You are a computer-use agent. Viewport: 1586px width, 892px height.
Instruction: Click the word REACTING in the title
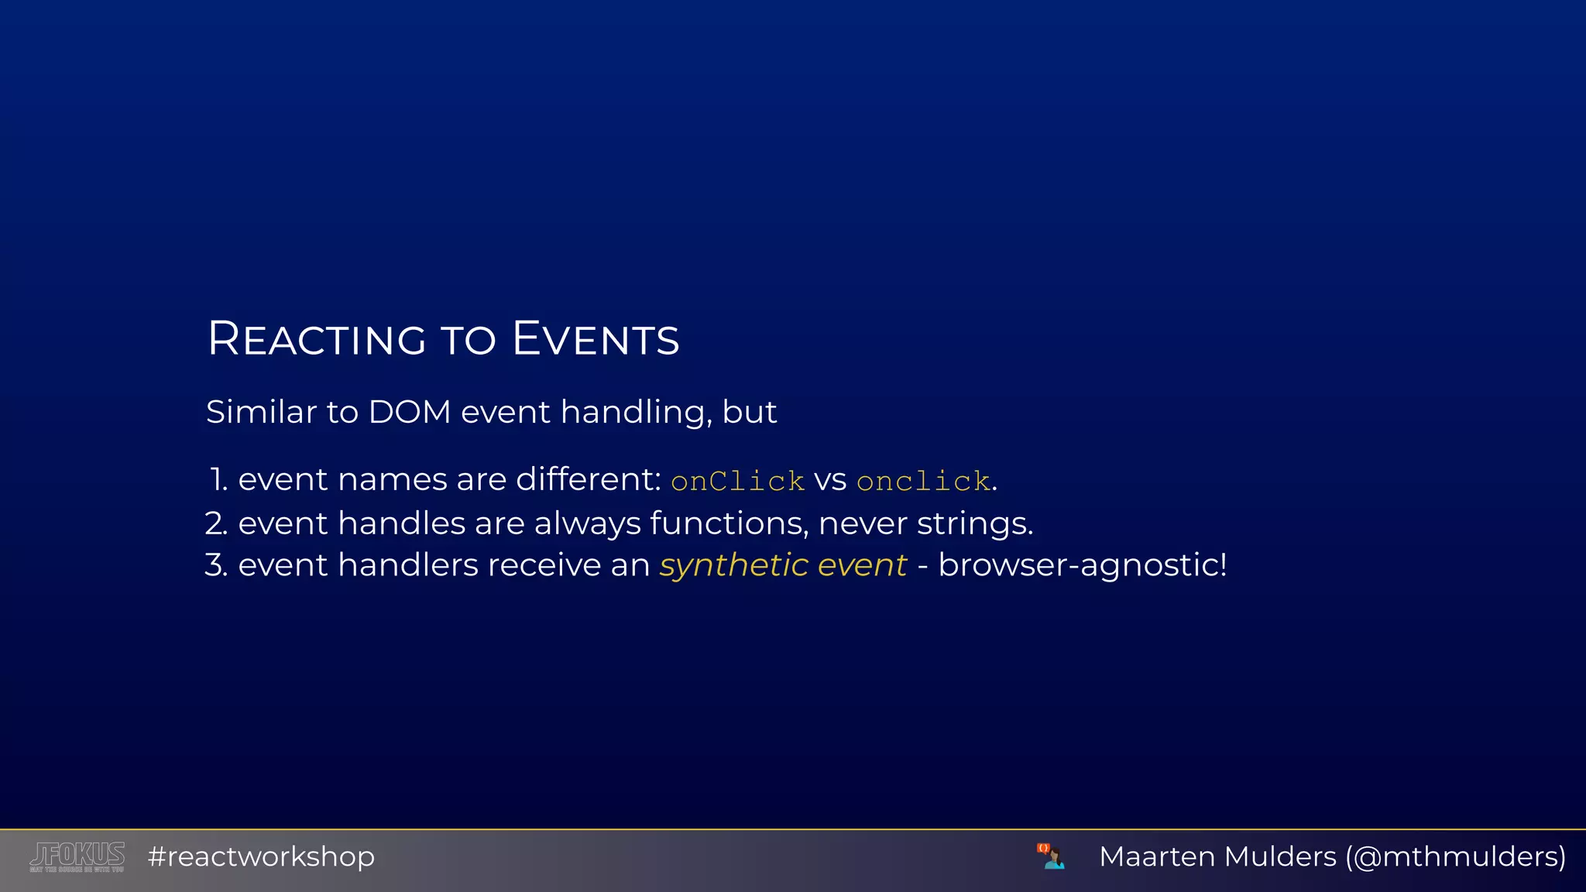click(317, 339)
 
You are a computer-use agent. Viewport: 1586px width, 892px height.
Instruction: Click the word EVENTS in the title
click(596, 339)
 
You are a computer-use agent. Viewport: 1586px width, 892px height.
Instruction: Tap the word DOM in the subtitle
click(410, 412)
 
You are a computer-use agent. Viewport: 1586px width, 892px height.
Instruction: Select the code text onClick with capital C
click(737, 482)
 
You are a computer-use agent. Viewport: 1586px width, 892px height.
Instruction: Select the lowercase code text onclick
click(923, 482)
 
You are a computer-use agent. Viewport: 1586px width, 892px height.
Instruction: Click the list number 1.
click(218, 480)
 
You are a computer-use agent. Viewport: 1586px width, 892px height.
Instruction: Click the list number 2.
click(216, 524)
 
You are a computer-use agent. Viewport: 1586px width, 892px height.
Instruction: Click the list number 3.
click(216, 566)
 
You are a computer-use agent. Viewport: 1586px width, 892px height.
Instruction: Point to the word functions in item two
click(728, 524)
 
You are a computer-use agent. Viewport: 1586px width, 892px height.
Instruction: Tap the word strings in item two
click(974, 524)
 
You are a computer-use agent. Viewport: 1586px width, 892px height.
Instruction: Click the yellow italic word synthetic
click(733, 566)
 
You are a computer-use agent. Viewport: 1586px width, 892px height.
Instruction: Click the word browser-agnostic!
click(1082, 566)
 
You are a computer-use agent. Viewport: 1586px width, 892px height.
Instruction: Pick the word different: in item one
click(588, 480)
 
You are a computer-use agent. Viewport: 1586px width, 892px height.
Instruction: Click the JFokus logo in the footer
click(77, 856)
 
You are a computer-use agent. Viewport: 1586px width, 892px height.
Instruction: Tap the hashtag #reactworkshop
click(261, 857)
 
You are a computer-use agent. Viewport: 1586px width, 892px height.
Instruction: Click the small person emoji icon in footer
click(1051, 856)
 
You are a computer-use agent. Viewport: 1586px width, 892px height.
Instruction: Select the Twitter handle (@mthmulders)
click(1455, 857)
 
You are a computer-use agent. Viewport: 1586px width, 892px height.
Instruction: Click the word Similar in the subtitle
click(261, 412)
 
